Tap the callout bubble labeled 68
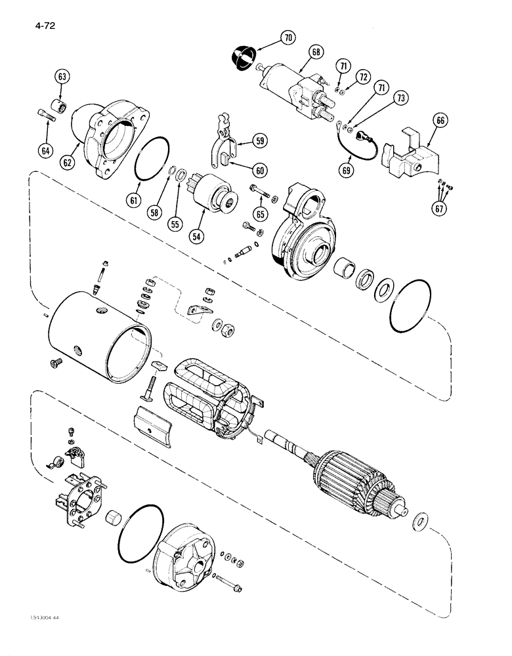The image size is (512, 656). (x=316, y=50)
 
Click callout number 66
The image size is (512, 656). (x=440, y=121)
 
